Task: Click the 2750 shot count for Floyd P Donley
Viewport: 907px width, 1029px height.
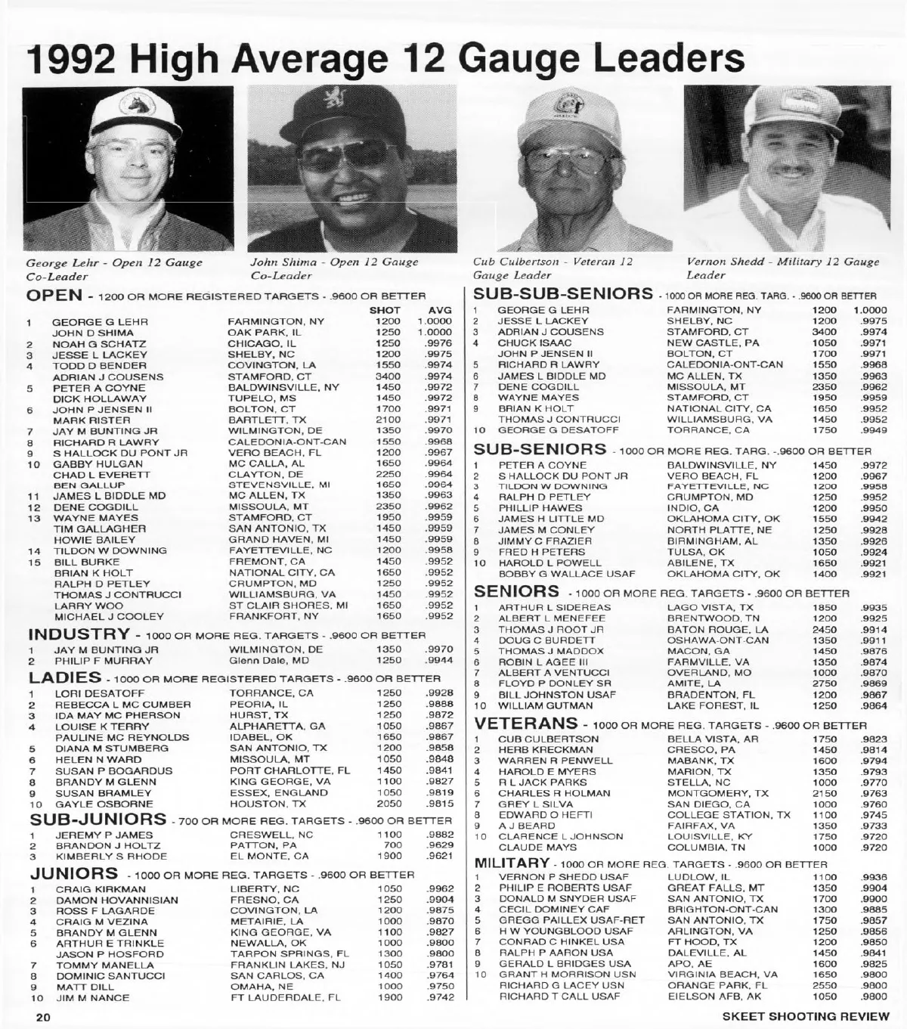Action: (x=825, y=683)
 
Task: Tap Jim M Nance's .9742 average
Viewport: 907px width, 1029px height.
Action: (x=441, y=998)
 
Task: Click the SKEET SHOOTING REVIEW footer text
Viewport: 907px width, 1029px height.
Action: (x=806, y=1016)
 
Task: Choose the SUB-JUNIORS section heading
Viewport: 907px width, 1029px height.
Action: (x=98, y=820)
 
